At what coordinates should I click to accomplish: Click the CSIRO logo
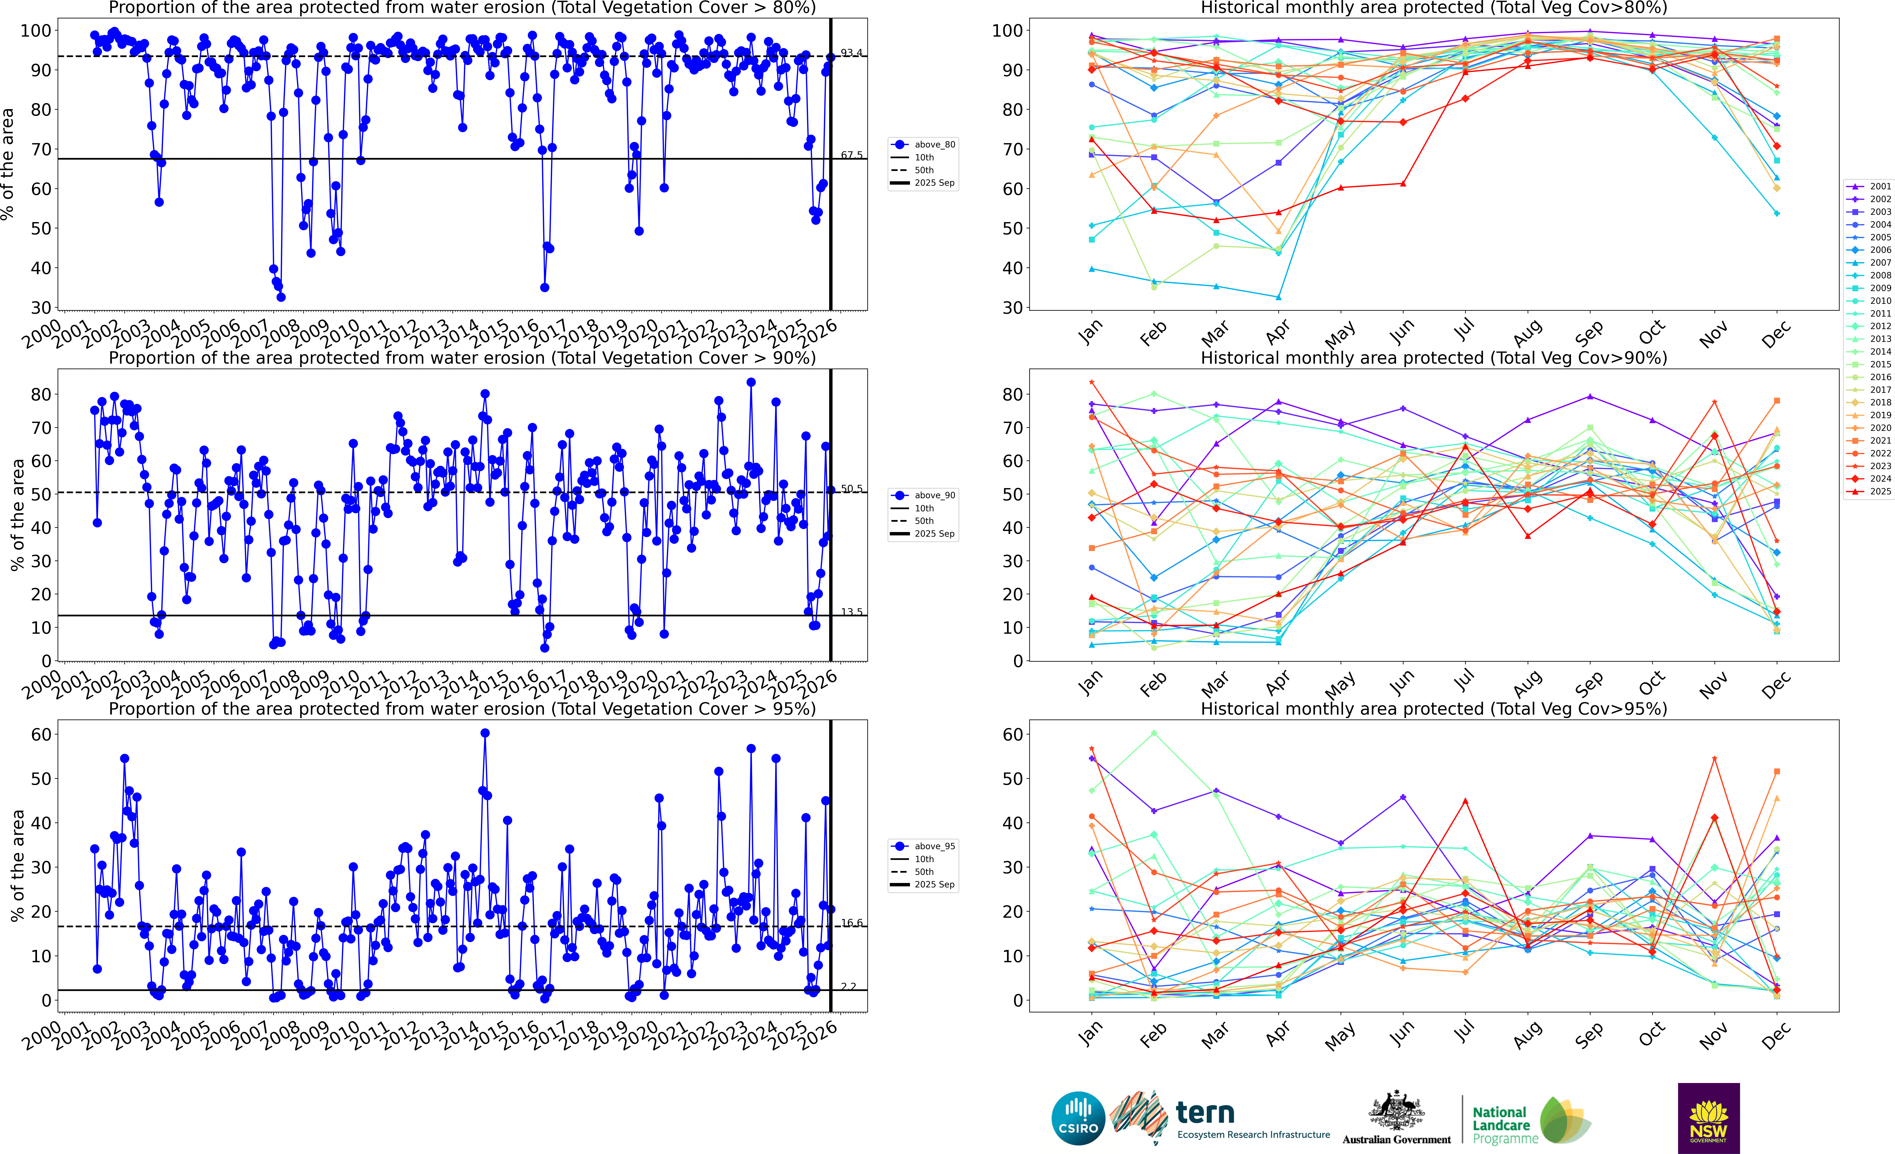click(1078, 1118)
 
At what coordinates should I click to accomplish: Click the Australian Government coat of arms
click(1396, 1112)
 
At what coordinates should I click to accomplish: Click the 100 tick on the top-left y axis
click(35, 31)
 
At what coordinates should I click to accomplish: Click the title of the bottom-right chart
click(1434, 709)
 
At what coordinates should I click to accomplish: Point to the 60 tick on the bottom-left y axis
click(41, 734)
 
